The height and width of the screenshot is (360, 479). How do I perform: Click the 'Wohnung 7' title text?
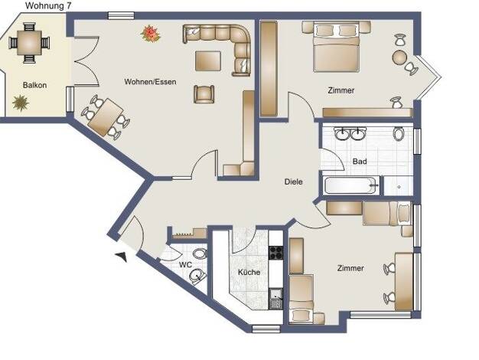click(48, 6)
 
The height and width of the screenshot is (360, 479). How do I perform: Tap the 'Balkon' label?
click(35, 85)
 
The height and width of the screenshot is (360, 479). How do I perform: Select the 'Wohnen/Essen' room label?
click(150, 82)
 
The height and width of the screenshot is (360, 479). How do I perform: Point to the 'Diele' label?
click(294, 182)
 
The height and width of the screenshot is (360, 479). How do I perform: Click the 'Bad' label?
click(360, 161)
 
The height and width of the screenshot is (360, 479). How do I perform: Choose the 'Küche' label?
click(249, 272)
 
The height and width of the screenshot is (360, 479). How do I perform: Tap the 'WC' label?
click(185, 264)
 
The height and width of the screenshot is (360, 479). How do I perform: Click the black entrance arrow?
click(122, 257)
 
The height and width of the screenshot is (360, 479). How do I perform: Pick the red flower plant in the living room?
click(151, 34)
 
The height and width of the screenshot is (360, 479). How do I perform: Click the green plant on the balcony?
click(21, 103)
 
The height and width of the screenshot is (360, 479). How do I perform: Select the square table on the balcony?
click(29, 43)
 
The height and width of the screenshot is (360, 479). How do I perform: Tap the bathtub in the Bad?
click(350, 185)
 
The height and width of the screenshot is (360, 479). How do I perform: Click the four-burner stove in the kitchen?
click(275, 253)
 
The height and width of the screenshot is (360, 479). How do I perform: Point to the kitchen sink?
click(276, 298)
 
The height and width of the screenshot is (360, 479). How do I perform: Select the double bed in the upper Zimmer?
click(336, 47)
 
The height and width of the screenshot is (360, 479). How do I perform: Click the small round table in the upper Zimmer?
click(400, 57)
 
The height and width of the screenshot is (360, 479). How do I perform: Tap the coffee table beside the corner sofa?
click(208, 61)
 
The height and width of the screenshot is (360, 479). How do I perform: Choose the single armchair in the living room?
click(204, 94)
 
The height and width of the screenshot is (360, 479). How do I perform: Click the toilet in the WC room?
click(200, 254)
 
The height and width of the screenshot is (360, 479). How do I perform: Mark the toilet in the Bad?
click(399, 134)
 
